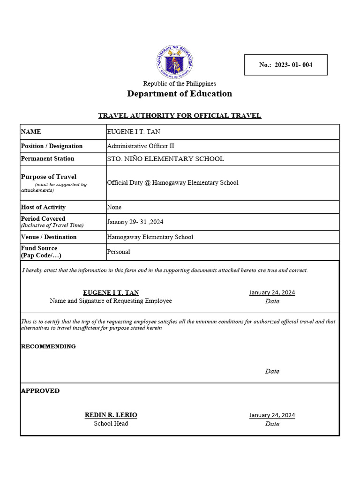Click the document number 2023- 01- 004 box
click(x=285, y=65)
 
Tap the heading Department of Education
click(x=180, y=94)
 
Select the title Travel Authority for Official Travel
click(x=180, y=115)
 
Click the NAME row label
click(x=31, y=132)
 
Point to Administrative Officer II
click(x=141, y=146)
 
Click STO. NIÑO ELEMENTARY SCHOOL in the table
click(x=165, y=159)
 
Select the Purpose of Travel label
click(x=49, y=177)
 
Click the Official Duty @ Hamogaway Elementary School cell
click(x=172, y=183)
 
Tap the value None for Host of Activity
click(x=114, y=207)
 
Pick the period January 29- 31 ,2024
click(x=135, y=222)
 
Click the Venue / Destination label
click(x=49, y=237)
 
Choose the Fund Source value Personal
click(x=119, y=252)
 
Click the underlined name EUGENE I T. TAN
click(x=111, y=292)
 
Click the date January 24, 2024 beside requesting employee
click(x=272, y=292)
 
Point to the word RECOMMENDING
click(x=48, y=346)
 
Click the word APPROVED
click(x=40, y=391)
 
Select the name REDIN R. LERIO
click(x=111, y=415)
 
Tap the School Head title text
click(x=111, y=424)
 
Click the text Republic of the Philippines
click(x=180, y=83)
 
